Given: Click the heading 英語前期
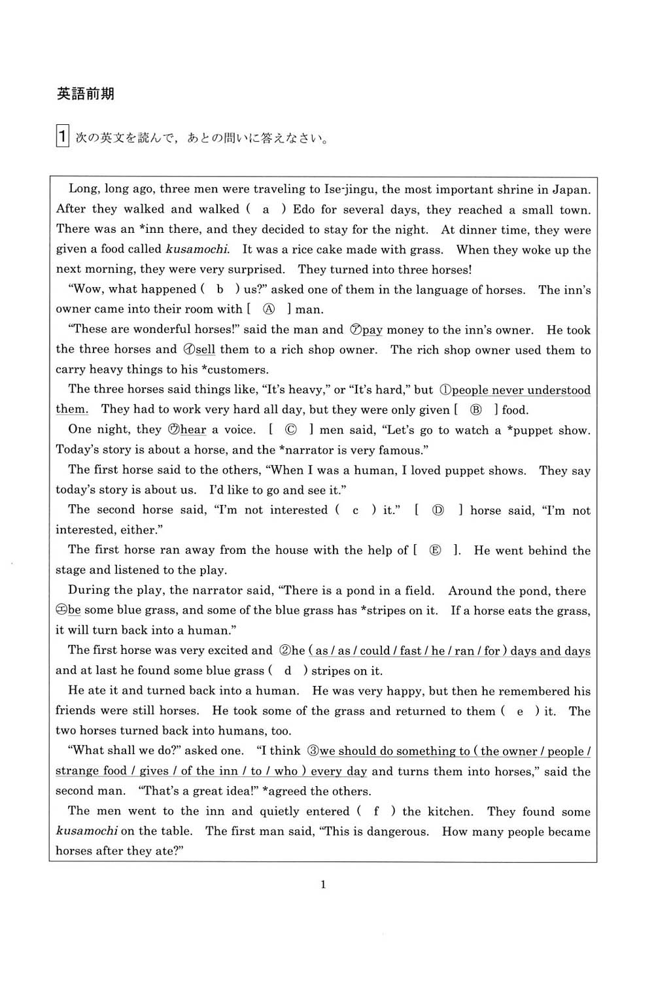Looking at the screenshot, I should (x=85, y=94).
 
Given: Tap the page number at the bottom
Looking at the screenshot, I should (x=323, y=885).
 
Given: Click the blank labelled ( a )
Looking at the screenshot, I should (x=266, y=209).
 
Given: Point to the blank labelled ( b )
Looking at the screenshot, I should (x=220, y=289).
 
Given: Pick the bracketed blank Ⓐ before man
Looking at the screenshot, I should (x=268, y=309).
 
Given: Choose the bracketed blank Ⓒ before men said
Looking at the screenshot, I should (x=291, y=430).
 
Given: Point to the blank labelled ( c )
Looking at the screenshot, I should (x=355, y=510).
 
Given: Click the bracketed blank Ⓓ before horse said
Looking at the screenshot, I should (x=438, y=510).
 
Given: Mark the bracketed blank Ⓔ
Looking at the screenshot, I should (x=436, y=551).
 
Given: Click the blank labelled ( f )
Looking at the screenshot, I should (x=376, y=812).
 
